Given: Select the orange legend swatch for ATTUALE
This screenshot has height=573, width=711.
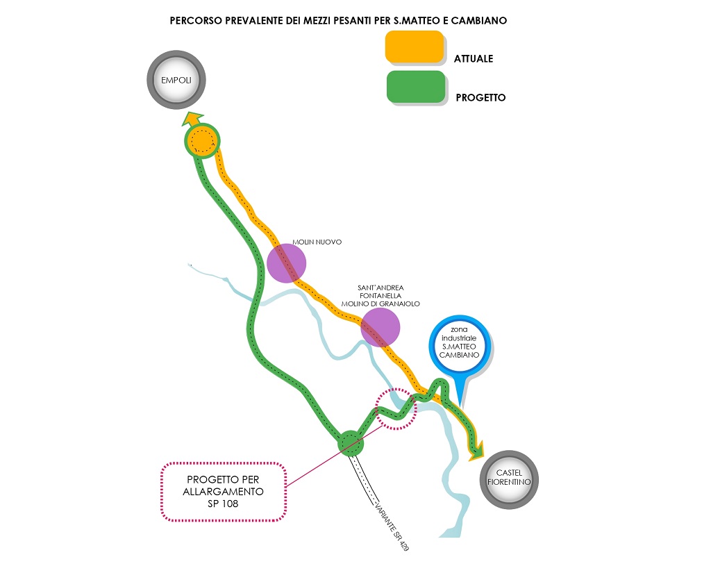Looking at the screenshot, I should click(x=415, y=47).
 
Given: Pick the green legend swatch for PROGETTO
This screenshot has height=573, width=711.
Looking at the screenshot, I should click(x=415, y=87).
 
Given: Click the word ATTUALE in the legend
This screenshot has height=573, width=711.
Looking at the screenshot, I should click(x=474, y=59).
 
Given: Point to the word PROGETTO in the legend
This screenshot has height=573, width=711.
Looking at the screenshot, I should click(x=480, y=98).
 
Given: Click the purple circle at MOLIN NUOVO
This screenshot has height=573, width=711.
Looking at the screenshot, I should click(x=286, y=263).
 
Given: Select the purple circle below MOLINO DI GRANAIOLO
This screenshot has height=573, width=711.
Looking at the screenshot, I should click(x=380, y=327).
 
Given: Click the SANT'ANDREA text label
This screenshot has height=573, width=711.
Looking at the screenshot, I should click(x=380, y=288).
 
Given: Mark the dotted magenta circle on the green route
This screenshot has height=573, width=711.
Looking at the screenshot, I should click(x=395, y=408).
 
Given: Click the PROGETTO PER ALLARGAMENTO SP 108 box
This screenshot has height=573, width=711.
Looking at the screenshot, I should click(x=223, y=491).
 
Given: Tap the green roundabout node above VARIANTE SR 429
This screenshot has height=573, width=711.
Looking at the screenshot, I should click(x=350, y=442).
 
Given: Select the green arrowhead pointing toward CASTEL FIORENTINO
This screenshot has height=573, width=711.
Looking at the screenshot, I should click(x=476, y=453).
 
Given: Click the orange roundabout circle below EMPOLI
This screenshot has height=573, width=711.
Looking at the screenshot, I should click(x=202, y=141).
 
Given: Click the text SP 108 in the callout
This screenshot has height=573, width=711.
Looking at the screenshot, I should click(x=222, y=504).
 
